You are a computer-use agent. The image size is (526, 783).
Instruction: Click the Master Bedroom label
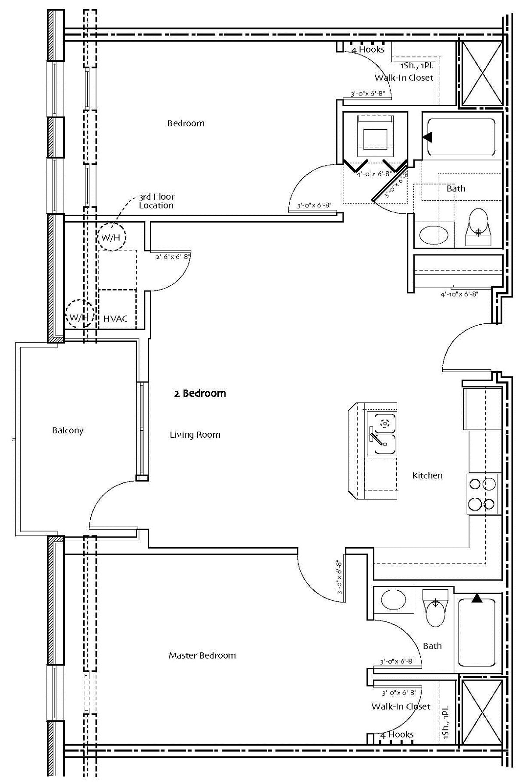pos(202,655)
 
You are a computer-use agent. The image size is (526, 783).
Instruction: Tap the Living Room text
pos(195,435)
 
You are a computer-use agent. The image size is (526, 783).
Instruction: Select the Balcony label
pos(68,430)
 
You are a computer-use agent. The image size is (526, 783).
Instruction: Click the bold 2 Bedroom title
pos(200,393)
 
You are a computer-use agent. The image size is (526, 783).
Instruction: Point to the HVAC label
pos(115,319)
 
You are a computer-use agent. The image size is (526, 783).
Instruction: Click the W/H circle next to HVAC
pos(79,316)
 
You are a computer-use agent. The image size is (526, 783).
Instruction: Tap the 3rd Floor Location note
pos(156,201)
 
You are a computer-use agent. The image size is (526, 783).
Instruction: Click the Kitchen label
pos(427,475)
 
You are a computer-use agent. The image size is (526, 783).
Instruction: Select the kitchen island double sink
pos(381,434)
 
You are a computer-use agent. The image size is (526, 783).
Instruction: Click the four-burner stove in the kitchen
pos(483,494)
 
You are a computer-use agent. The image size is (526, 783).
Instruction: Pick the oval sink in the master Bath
pos(393,600)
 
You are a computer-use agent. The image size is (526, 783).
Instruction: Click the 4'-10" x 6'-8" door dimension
pos(459,294)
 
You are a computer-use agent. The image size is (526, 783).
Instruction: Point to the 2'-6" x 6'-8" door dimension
pos(172,257)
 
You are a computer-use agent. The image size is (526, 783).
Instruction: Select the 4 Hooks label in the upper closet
pos(368,50)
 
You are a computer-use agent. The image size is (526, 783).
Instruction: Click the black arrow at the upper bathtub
pos(427,137)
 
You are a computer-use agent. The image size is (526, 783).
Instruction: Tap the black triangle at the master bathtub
pos(477,598)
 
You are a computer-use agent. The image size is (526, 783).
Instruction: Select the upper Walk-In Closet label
pos(404,78)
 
